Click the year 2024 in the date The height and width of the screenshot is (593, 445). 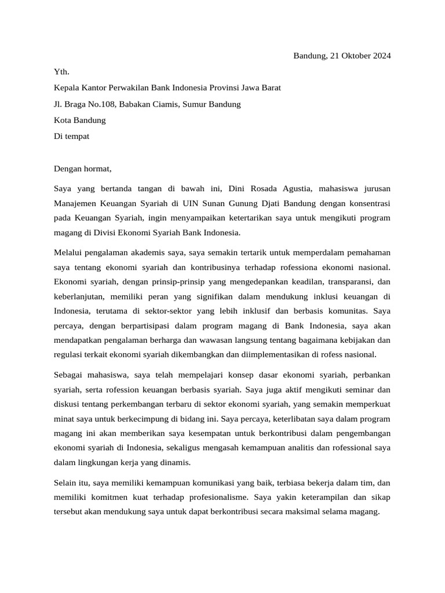click(380, 56)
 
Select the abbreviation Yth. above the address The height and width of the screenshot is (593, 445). click(61, 72)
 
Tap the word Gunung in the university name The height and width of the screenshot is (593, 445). click(246, 203)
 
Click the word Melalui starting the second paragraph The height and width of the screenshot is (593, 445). click(69, 252)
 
